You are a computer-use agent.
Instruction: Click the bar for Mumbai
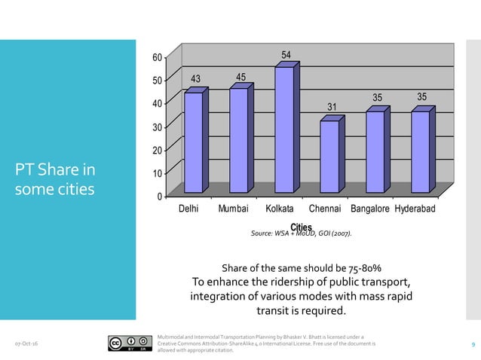pos(238,139)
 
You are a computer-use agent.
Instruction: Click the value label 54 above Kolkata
pos(287,55)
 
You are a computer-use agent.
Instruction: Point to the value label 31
pos(332,107)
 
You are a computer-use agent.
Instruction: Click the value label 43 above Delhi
pos(195,79)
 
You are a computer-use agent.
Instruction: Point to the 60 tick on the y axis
pos(156,57)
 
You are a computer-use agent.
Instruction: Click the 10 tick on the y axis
pos(156,174)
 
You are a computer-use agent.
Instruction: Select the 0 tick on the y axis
pos(158,197)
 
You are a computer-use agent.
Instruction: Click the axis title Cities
pos(302,227)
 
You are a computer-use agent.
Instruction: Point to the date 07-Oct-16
pos(27,344)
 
